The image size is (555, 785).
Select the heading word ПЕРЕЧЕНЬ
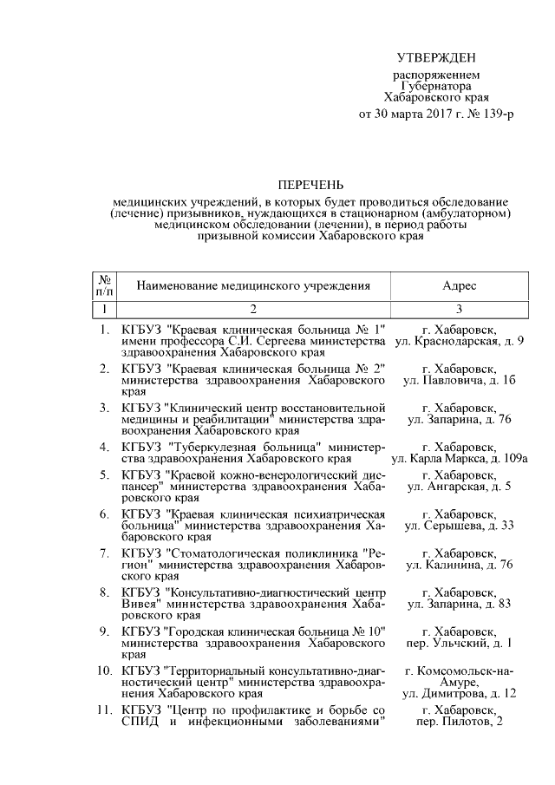(310, 185)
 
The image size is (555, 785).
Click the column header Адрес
(459, 285)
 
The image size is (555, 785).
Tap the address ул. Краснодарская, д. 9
(459, 342)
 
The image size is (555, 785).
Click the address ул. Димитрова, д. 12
(459, 694)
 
